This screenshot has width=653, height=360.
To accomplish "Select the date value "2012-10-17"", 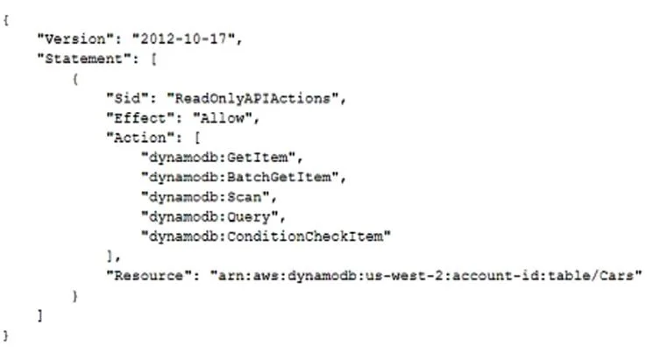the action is (184, 39).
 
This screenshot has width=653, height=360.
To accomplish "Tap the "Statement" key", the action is (84, 59).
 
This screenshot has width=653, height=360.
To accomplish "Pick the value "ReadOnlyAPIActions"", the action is (252, 99).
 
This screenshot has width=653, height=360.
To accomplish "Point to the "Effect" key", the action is (140, 118).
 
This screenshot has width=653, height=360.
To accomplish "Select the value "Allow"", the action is (223, 118).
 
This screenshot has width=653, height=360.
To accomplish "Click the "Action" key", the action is (140, 138).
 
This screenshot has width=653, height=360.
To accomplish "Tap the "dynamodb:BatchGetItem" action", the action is (240, 177).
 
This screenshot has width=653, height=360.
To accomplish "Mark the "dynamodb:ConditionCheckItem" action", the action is (266, 236).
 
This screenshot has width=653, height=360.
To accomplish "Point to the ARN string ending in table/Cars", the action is (426, 276).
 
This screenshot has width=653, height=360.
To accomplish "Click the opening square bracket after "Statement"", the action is (153, 59).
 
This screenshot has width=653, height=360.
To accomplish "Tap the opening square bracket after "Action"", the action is (197, 138).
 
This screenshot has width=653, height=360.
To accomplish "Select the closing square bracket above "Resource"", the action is (110, 256).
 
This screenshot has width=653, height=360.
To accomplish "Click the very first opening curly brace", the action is (6, 20).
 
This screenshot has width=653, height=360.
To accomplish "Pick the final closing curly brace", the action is (6, 335).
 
